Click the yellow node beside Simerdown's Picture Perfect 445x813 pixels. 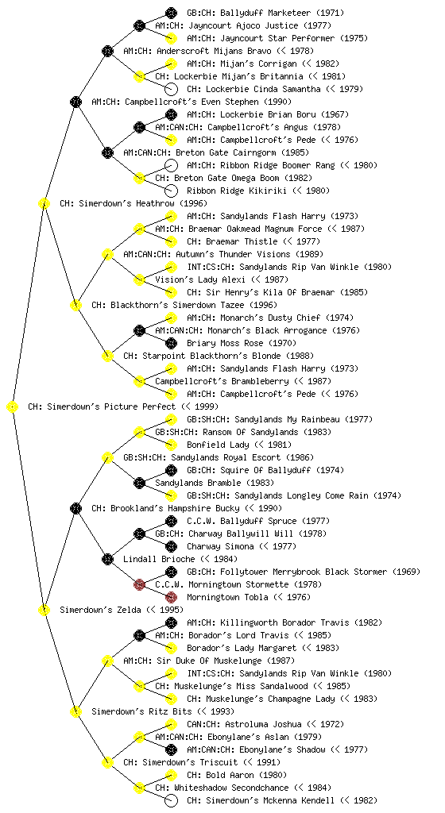(12, 407)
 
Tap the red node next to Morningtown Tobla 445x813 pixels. (171, 597)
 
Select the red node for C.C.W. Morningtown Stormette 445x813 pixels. (139, 585)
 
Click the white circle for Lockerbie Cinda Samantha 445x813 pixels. (171, 89)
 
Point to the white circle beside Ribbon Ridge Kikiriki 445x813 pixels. (171, 191)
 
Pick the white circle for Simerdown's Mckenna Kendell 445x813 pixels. (171, 800)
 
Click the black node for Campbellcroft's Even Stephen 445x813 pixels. (75, 102)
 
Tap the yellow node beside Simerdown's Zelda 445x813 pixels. (44, 611)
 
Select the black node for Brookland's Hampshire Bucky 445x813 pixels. (75, 509)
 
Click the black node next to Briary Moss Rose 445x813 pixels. (171, 343)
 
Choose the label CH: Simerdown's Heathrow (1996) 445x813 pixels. (133, 204)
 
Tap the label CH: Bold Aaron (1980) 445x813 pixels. (237, 775)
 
